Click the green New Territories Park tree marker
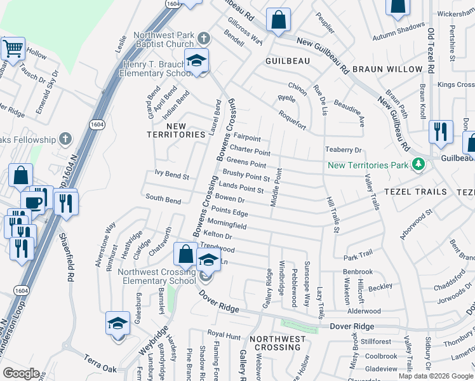(418, 165)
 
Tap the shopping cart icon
(13, 48)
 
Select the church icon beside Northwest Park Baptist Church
(203, 37)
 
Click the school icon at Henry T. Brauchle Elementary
(197, 61)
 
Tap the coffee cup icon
(32, 203)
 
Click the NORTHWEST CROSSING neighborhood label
(278, 344)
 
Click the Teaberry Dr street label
(343, 150)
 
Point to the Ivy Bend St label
(172, 175)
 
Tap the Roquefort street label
(291, 120)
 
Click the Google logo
(21, 373)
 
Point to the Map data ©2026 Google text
(436, 376)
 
